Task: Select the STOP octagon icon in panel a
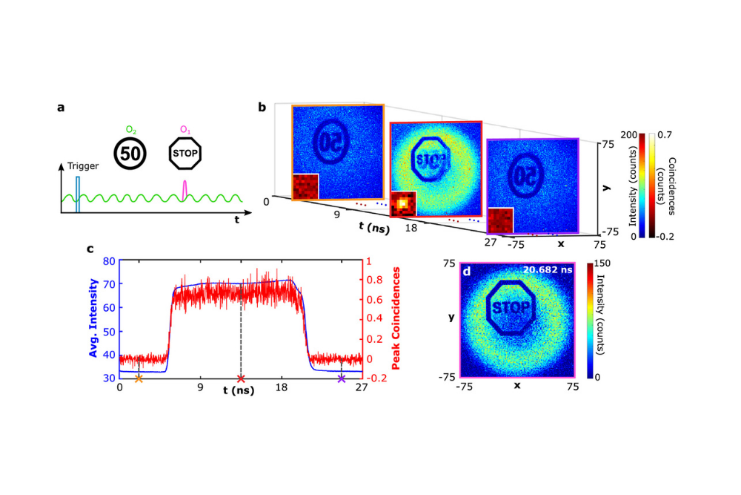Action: point(186,154)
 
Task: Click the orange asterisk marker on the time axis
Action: point(139,378)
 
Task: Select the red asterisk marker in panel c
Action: point(240,378)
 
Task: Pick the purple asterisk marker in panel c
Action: point(341,378)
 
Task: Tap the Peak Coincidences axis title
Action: point(396,319)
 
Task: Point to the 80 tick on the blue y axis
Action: point(108,261)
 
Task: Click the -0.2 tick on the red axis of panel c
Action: point(375,378)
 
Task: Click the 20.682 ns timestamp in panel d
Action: point(545,271)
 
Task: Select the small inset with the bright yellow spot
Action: point(403,203)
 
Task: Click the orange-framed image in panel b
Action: point(337,152)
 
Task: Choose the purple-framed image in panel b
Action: point(531,186)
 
